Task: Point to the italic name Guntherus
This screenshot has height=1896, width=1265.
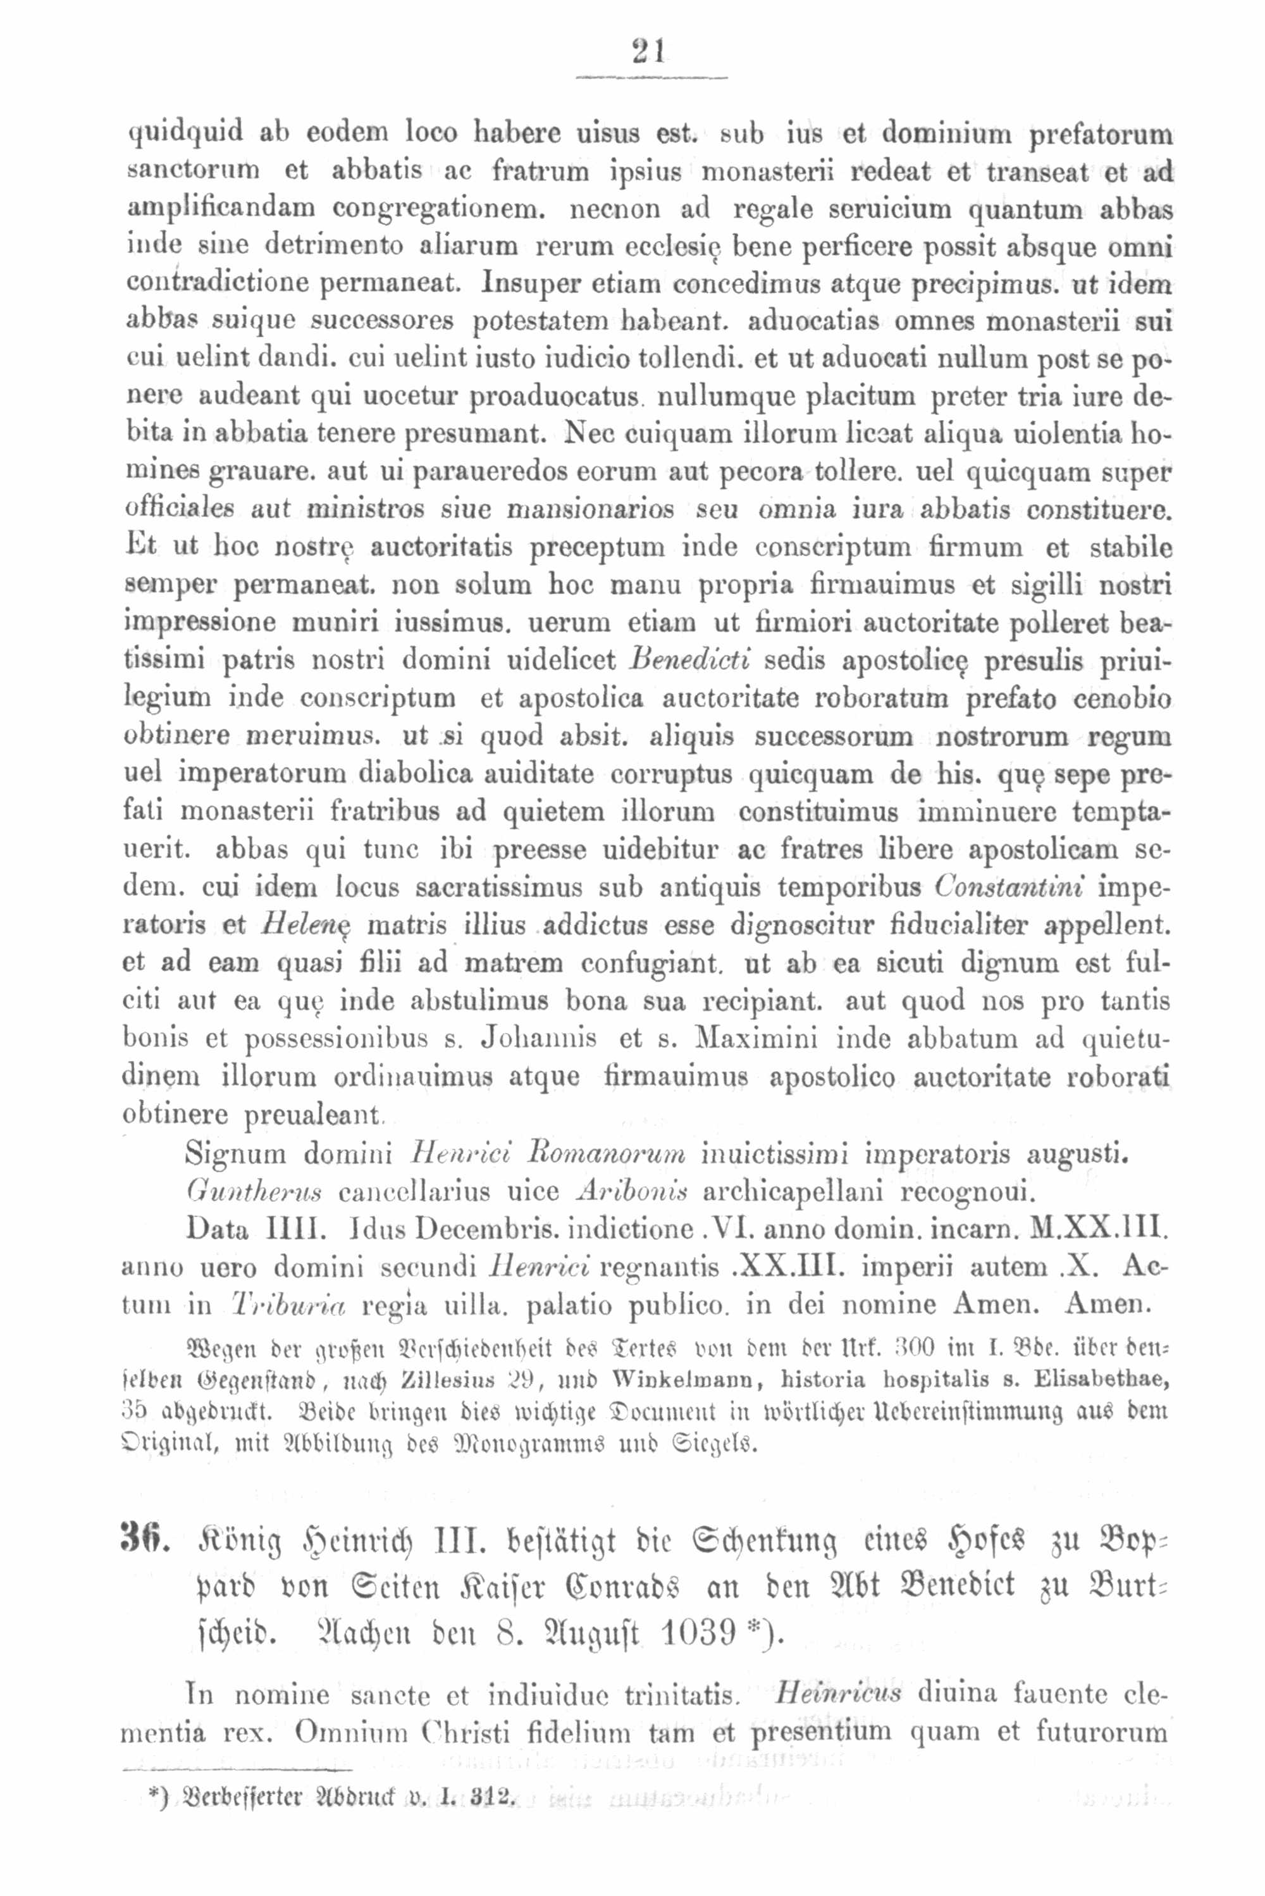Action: [252, 1191]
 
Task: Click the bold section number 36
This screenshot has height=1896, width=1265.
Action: [144, 1542]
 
